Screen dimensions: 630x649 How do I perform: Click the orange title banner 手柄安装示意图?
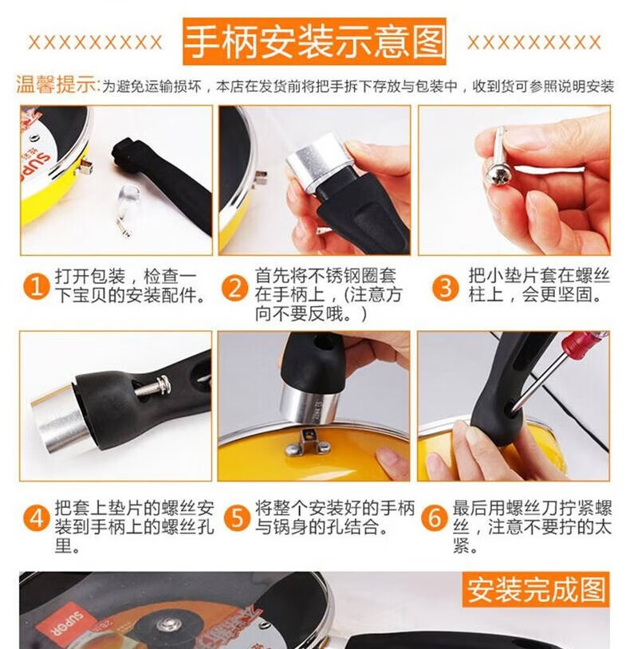coord(314,41)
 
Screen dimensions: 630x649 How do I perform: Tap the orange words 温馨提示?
coord(57,85)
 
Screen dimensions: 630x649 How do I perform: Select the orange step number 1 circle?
coord(37,287)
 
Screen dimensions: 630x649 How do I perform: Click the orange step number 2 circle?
coord(234,288)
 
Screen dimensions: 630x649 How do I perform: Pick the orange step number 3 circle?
coord(446,288)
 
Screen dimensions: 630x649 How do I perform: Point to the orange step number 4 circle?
coord(37,518)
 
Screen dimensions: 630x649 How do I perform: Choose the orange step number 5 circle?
coord(237,518)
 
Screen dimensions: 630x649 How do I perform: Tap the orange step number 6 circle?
coord(435,518)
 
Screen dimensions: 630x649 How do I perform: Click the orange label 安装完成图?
coord(536,589)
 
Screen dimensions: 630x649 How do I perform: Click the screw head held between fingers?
coord(498,173)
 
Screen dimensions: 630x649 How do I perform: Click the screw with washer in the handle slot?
coord(153,387)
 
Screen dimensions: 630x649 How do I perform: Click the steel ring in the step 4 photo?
coord(64,418)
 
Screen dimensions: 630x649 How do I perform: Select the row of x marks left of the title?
coord(95,42)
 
